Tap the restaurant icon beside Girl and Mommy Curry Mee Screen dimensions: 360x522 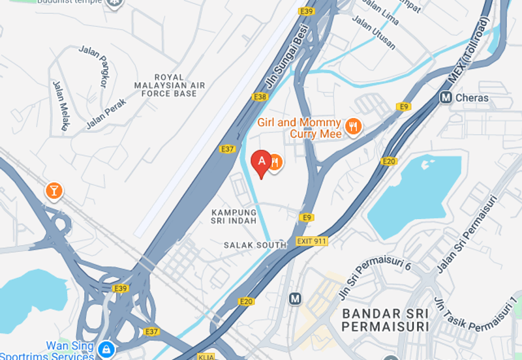353,127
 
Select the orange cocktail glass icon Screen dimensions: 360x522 54,190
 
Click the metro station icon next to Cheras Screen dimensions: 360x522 446,98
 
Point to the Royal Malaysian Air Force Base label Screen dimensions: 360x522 169,85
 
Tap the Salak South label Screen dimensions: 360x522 254,245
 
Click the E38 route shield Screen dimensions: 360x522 260,97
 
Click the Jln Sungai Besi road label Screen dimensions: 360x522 286,61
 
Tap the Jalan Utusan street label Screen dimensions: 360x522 374,32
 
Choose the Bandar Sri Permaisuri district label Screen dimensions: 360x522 386,320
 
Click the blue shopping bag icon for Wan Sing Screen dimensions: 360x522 105,350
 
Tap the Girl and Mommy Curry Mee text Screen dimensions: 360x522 299,128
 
